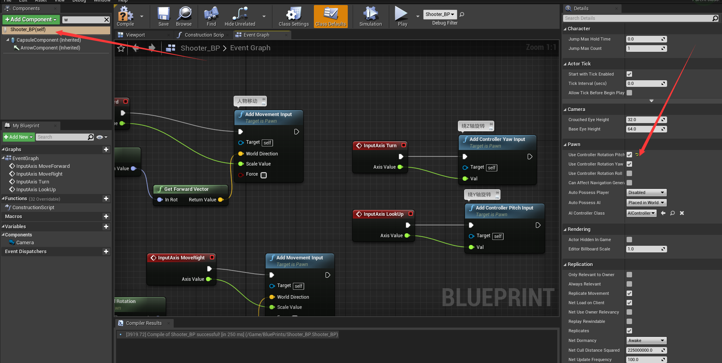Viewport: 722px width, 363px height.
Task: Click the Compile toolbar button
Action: click(x=125, y=16)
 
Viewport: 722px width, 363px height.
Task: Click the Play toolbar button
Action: click(x=402, y=16)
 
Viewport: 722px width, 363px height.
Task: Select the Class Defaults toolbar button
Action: click(x=331, y=16)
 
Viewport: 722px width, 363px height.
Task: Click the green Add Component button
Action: click(x=31, y=19)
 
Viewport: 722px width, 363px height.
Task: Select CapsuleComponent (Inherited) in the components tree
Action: click(x=49, y=40)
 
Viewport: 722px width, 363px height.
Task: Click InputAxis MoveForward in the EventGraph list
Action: click(x=43, y=166)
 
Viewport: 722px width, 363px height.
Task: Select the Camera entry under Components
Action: click(x=25, y=243)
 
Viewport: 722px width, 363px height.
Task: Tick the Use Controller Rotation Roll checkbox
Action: click(x=629, y=173)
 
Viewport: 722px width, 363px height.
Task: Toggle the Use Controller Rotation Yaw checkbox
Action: click(x=629, y=164)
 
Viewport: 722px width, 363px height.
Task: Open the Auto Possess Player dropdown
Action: click(x=646, y=192)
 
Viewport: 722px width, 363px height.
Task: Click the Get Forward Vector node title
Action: click(x=186, y=189)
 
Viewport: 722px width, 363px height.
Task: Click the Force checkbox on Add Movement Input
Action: click(x=264, y=175)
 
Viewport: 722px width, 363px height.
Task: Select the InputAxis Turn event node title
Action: click(x=380, y=146)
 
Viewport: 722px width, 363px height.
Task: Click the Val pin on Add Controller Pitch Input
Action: click(x=471, y=247)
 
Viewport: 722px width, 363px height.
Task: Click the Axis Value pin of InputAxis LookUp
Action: click(x=407, y=236)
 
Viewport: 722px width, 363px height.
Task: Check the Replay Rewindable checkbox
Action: click(x=629, y=321)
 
